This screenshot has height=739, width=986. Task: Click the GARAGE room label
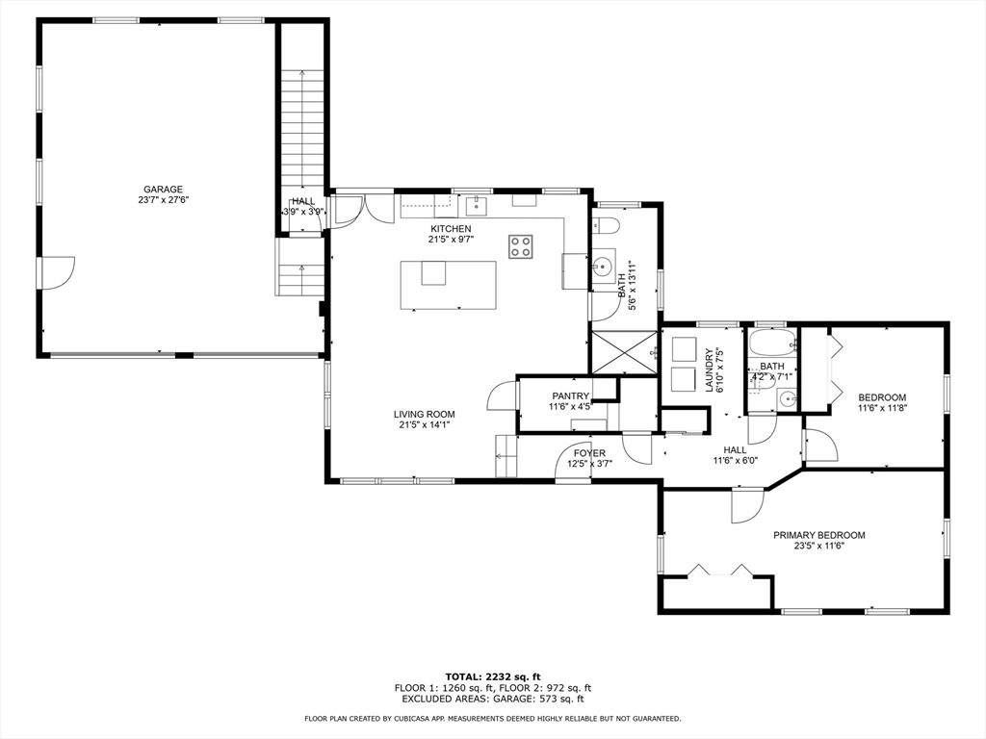tap(163, 190)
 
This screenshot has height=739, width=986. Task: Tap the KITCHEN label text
tap(451, 229)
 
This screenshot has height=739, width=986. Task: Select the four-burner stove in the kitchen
tap(521, 246)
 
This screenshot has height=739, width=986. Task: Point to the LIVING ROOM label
tap(424, 414)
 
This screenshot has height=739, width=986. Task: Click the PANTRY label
tap(570, 395)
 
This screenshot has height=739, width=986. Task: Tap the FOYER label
tap(590, 453)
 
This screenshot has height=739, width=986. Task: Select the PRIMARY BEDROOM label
tap(818, 535)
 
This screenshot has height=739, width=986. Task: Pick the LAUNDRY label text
tap(710, 370)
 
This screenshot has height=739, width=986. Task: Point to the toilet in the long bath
tap(607, 225)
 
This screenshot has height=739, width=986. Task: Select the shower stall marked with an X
tap(625, 352)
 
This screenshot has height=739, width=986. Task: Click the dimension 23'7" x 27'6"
tap(164, 200)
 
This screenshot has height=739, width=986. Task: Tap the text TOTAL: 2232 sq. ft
tap(493, 676)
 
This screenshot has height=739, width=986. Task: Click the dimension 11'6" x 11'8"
tap(882, 407)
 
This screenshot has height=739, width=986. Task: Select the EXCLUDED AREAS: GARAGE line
tap(493, 699)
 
